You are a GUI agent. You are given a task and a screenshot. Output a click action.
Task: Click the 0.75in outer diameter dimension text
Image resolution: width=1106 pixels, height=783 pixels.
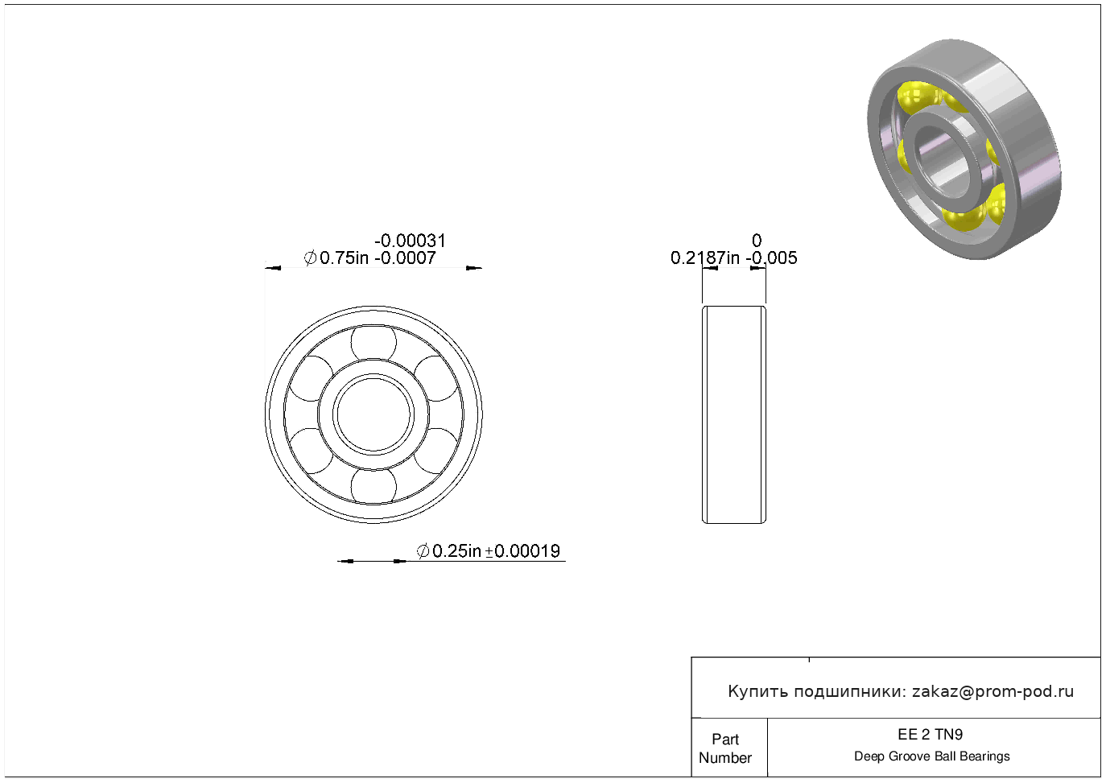tap(345, 258)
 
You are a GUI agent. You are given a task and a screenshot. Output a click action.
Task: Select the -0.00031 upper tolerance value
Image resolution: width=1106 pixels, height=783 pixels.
tap(411, 241)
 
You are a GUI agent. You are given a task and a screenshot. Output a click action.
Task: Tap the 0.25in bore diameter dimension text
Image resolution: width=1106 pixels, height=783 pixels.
tap(456, 551)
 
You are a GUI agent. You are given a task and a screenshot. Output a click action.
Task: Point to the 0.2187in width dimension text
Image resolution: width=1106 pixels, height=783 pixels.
tap(705, 258)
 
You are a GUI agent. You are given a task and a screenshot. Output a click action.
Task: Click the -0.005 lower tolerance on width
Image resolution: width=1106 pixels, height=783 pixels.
tap(772, 258)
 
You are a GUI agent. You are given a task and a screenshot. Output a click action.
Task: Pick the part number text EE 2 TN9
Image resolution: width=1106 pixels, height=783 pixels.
tap(931, 735)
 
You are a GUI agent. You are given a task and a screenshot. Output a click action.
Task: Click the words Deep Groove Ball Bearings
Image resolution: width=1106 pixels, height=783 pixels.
tap(931, 756)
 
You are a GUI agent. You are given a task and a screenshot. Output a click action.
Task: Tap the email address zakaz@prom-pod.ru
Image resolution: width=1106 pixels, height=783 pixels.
tap(993, 691)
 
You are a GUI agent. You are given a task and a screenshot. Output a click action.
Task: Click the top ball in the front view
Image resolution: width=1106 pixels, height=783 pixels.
tap(373, 343)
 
